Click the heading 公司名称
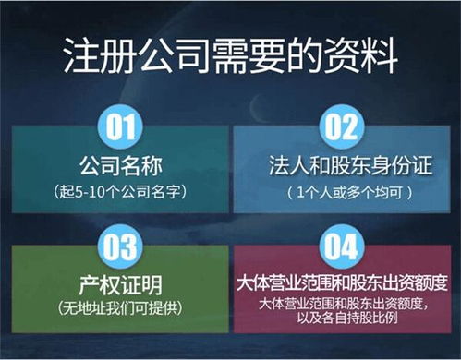[x=115, y=168]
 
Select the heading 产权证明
[x=115, y=282]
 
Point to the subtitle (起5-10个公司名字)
[x=115, y=194]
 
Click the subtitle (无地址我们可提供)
[x=115, y=306]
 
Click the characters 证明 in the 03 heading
[x=134, y=282]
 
